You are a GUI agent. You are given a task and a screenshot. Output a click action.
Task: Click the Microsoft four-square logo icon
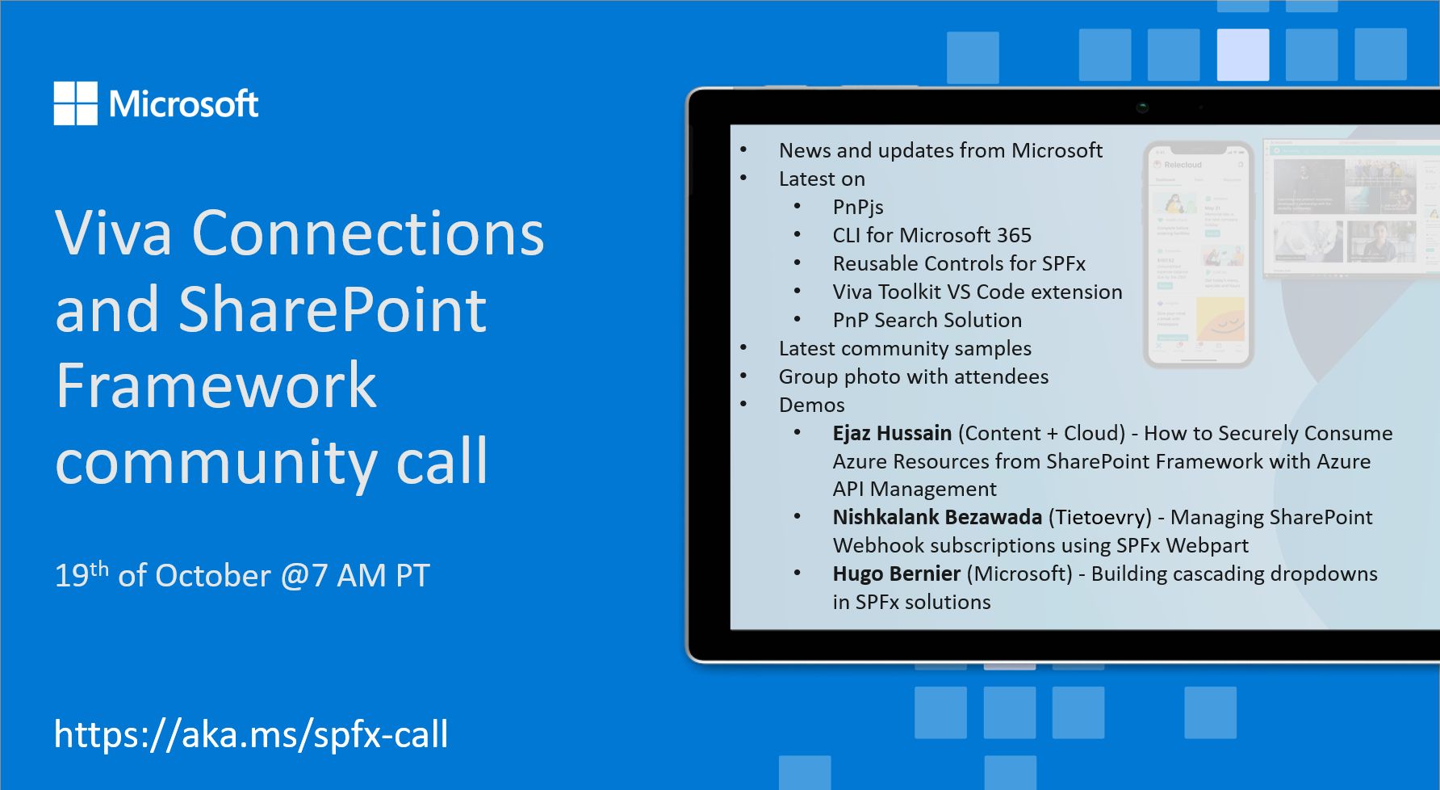point(75,103)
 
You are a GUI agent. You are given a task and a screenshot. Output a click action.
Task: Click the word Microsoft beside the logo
point(183,104)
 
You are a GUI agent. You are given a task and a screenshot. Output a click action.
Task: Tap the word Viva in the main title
point(114,233)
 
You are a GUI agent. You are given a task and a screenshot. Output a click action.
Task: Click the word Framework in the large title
point(216,385)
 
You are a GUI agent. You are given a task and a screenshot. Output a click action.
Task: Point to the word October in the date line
point(212,576)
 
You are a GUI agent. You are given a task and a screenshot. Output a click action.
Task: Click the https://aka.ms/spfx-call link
point(250,734)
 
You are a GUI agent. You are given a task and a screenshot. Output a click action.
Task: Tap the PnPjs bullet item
point(857,207)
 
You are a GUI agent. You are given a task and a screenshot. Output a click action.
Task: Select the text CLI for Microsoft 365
point(931,235)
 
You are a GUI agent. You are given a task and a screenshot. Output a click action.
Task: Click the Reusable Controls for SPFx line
point(958,263)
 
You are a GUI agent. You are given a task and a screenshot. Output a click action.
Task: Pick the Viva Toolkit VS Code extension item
point(977,292)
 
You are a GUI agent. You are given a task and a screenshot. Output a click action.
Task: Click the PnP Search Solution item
point(927,320)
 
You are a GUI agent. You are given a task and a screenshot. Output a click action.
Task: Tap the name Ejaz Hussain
point(891,433)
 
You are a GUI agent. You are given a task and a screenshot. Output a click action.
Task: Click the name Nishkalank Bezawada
point(936,517)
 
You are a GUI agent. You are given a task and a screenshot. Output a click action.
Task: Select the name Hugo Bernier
point(896,574)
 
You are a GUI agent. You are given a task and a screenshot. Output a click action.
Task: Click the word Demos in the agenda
point(811,405)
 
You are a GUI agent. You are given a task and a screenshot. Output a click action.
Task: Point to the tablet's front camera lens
point(1142,107)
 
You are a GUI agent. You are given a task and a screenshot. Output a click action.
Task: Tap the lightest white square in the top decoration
point(1242,55)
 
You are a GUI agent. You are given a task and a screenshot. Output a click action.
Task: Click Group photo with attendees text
point(913,376)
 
